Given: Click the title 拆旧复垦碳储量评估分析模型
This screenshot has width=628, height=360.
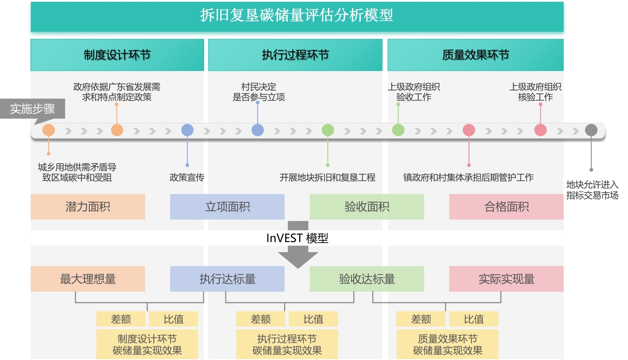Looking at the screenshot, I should [297, 16].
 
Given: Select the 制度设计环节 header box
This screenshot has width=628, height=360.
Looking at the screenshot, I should [117, 55].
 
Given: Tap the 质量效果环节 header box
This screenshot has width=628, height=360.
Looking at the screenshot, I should [475, 55].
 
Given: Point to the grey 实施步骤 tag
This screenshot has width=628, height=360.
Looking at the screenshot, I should [32, 109].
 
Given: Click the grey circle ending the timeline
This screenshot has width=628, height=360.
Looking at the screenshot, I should [591, 130].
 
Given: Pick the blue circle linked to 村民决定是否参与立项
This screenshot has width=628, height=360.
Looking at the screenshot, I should [258, 130].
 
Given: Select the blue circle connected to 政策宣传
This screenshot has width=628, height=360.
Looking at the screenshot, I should [187, 130].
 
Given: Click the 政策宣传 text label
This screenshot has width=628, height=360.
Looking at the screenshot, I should [187, 177].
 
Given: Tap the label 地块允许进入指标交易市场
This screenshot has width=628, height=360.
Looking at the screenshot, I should [592, 190].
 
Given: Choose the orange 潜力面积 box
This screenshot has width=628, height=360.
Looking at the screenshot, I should [88, 207].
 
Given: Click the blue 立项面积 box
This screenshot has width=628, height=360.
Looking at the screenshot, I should [227, 207].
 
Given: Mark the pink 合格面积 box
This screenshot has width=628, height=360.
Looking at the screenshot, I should [506, 207].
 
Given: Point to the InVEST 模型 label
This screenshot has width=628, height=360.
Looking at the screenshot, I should [297, 238].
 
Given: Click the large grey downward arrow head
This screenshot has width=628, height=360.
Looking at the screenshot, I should [298, 259].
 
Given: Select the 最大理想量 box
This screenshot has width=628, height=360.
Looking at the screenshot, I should [88, 279].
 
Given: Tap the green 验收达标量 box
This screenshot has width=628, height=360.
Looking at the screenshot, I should [367, 279].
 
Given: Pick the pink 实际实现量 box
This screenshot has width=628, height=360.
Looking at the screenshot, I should [506, 279].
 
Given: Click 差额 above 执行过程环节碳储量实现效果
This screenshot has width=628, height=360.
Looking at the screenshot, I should [260, 319].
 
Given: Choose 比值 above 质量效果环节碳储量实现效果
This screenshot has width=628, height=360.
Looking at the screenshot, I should [473, 319].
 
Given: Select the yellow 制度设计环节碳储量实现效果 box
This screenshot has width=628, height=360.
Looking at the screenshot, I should [147, 344].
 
